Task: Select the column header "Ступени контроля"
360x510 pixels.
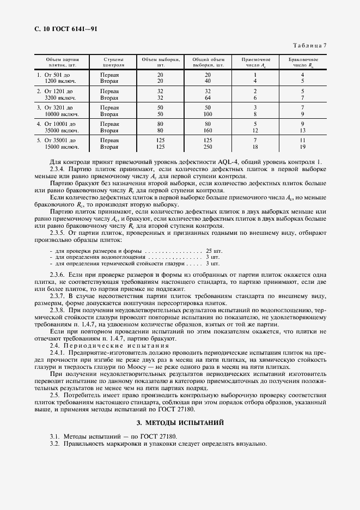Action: point(112,62)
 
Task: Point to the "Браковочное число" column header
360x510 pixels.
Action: point(303,62)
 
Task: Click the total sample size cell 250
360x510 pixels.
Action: point(208,147)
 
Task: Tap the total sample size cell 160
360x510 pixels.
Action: point(208,131)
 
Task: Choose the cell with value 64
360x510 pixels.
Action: point(208,98)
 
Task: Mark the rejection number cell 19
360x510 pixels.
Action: point(303,147)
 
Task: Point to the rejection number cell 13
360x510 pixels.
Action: point(303,131)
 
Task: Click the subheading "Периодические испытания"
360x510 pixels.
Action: point(118,345)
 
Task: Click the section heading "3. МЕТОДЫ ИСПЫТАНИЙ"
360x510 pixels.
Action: point(180,423)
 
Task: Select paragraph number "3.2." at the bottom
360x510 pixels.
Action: point(54,444)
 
